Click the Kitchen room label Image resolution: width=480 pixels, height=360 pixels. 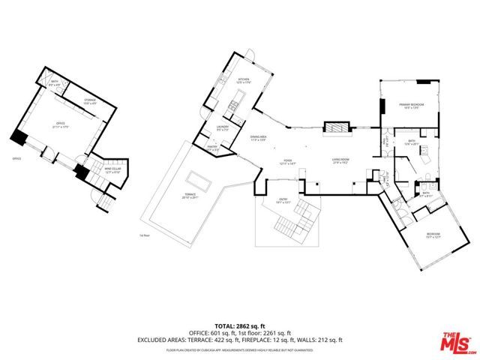click(x=243, y=80)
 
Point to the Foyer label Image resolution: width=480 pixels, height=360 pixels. click(x=287, y=161)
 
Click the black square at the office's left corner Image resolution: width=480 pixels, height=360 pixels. click(x=19, y=138)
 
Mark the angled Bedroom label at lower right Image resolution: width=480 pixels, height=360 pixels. click(x=433, y=234)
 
